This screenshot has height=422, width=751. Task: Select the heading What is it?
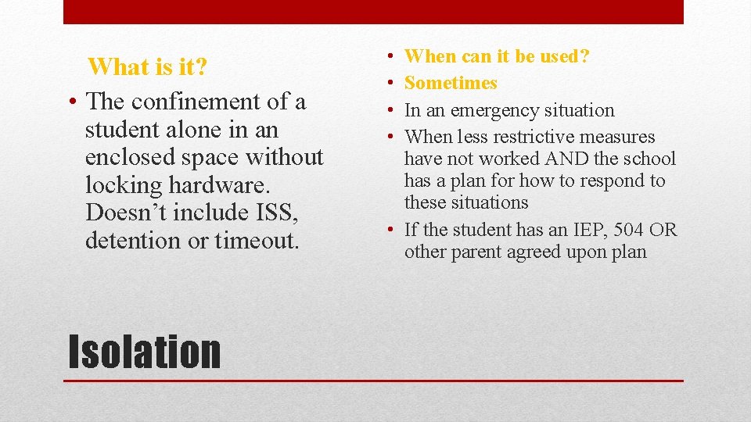click(148, 67)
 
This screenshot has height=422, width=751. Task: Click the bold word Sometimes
click(451, 83)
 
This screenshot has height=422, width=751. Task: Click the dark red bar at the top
click(373, 12)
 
